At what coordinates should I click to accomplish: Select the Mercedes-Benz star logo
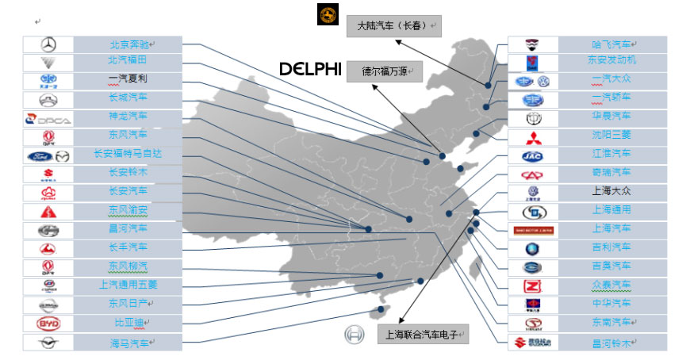(x=48, y=44)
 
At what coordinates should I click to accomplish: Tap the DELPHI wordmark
(x=311, y=70)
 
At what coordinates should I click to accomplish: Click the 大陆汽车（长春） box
(x=393, y=25)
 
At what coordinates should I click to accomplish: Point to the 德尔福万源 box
(x=385, y=71)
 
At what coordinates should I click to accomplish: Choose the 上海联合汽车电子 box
(x=421, y=334)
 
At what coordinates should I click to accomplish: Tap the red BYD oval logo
(x=48, y=324)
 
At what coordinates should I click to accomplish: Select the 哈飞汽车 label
(x=611, y=44)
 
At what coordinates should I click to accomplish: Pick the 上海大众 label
(x=611, y=191)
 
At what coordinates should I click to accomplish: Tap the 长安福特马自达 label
(x=128, y=154)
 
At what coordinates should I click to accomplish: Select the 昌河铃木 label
(x=611, y=343)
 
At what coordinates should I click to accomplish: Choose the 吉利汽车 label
(x=611, y=247)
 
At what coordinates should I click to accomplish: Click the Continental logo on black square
(x=328, y=14)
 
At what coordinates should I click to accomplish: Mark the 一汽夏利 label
(x=128, y=79)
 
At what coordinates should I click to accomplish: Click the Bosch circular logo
(x=354, y=334)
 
